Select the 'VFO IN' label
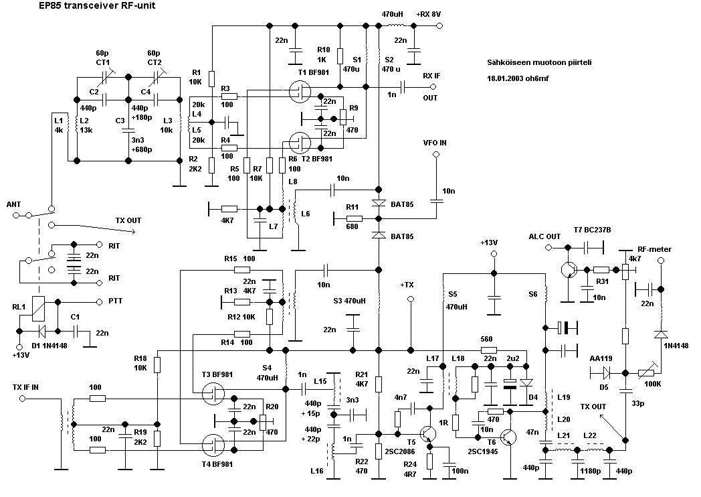pos(435,143)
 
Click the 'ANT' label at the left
pos(13,204)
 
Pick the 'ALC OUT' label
pos(545,236)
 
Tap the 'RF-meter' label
pos(654,249)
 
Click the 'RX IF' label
pos(431,76)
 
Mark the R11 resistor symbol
pos(355,218)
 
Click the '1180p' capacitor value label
pos(591,470)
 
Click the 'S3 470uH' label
pos(349,300)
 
